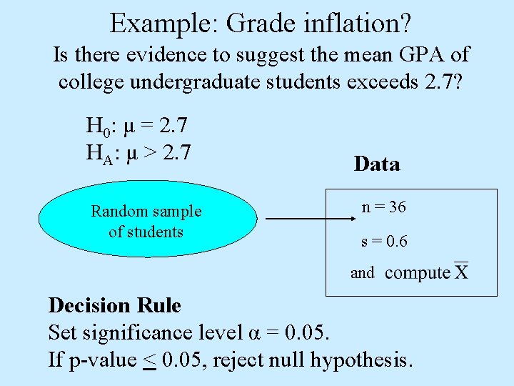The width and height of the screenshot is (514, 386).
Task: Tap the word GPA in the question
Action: click(x=398, y=54)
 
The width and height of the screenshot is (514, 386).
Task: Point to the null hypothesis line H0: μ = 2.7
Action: click(x=136, y=127)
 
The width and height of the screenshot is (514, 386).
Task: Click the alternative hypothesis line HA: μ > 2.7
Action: click(x=137, y=152)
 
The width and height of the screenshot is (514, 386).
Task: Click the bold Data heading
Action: click(x=376, y=164)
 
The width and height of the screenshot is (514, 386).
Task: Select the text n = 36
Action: click(x=383, y=207)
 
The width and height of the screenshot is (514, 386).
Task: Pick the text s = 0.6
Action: click(x=384, y=242)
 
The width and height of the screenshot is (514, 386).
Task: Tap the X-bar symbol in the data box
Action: click(x=461, y=272)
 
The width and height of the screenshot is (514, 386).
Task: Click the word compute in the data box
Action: click(x=418, y=273)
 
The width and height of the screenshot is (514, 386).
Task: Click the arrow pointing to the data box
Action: click(x=297, y=219)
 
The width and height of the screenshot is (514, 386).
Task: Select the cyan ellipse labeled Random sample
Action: click(x=146, y=222)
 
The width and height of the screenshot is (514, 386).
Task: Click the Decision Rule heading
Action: click(x=114, y=306)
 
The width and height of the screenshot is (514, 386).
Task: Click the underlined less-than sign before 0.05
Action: click(x=150, y=360)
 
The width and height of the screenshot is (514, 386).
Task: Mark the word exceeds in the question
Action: click(x=385, y=81)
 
